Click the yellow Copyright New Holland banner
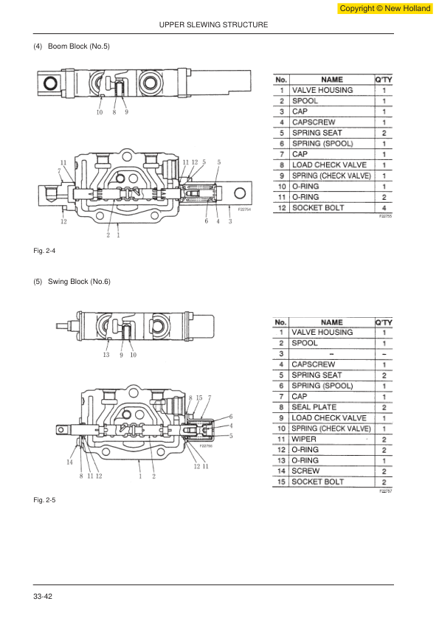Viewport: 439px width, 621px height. tap(385, 8)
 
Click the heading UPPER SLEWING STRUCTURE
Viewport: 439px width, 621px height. tap(213, 24)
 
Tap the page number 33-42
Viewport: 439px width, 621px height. tap(43, 597)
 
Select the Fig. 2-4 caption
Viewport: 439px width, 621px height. tap(44, 251)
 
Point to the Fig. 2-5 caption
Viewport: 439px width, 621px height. tap(44, 500)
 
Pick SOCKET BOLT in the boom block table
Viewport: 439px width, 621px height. tap(318, 208)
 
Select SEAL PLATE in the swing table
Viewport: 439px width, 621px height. tap(314, 407)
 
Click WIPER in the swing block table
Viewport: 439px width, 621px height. tap(304, 440)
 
